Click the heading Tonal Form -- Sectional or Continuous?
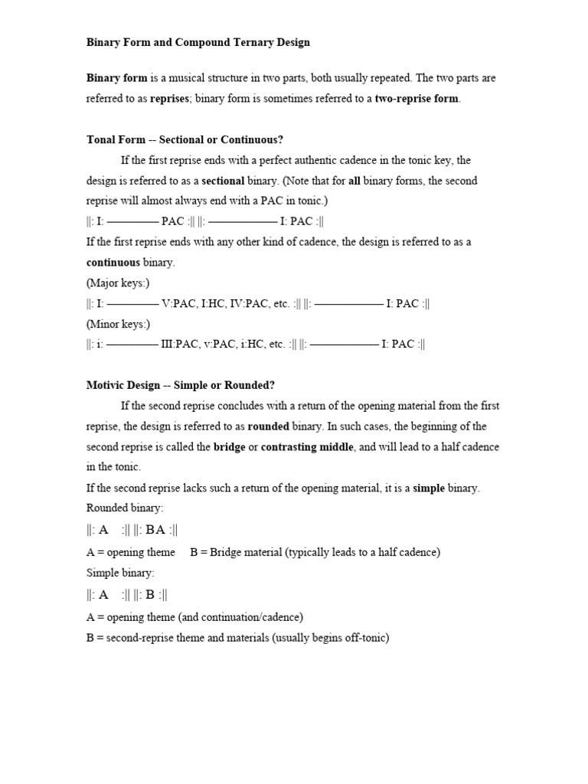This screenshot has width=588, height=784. [x=185, y=139]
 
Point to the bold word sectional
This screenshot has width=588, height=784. [x=223, y=181]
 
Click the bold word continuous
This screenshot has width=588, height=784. [x=113, y=263]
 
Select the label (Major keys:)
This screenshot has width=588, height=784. [x=118, y=283]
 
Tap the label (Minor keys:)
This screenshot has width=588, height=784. [x=118, y=324]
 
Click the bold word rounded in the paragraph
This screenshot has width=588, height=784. [x=270, y=426]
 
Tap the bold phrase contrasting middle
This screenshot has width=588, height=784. [x=308, y=447]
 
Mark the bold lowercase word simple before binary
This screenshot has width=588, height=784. [x=429, y=488]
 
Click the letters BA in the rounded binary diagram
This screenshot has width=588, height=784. [x=155, y=530]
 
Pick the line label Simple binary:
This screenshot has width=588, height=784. [x=120, y=573]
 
